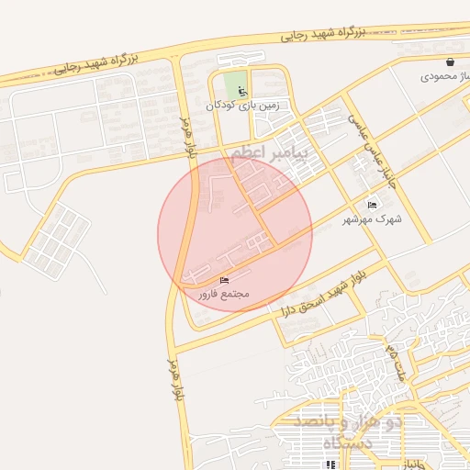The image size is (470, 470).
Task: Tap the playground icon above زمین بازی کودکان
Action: pyautogui.click(x=242, y=92)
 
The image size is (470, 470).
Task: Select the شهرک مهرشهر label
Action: pyautogui.click(x=366, y=219)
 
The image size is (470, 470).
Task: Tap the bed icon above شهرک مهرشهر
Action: pyautogui.click(x=372, y=204)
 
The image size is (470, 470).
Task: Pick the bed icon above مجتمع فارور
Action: pyautogui.click(x=226, y=279)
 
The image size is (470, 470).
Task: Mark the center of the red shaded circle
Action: pyautogui.click(x=235, y=233)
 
